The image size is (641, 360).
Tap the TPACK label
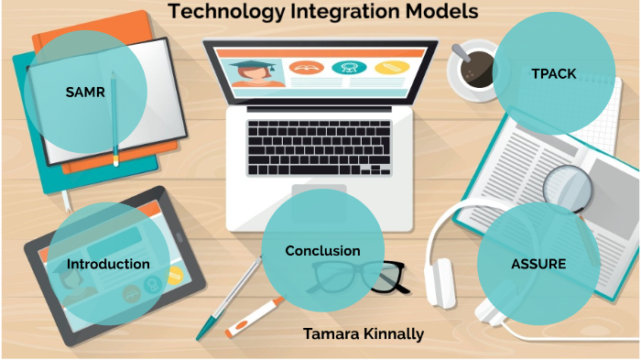(x=553, y=73)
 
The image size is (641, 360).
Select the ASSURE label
(x=538, y=264)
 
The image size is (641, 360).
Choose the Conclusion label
(x=322, y=250)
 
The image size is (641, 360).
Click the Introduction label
(x=108, y=264)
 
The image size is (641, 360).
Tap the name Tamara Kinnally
(x=364, y=333)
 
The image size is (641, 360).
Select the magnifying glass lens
(x=568, y=188)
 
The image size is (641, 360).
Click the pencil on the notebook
(x=115, y=119)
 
